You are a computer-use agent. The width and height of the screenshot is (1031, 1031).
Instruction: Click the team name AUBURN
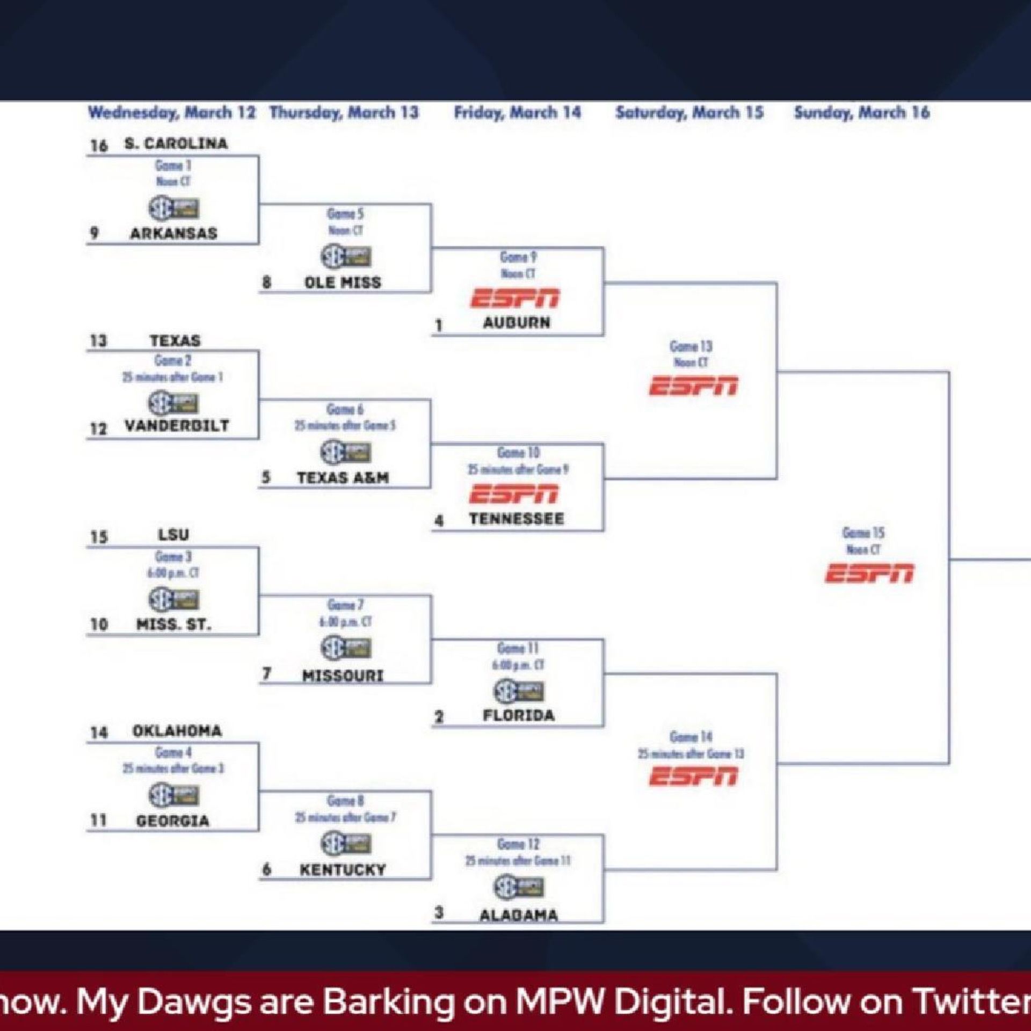516,323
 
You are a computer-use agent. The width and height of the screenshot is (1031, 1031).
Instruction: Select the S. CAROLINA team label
176,143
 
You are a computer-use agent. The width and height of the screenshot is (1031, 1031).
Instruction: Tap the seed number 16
99,146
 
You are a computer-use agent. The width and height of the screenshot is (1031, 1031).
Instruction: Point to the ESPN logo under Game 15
868,573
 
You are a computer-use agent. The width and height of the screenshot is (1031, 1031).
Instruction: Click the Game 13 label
691,346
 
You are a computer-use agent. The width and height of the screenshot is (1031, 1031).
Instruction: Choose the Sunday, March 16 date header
861,113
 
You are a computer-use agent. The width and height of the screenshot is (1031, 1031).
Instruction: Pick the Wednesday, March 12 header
172,113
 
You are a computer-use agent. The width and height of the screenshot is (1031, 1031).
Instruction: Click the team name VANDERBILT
177,426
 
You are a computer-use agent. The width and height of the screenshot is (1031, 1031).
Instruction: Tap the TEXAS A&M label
343,477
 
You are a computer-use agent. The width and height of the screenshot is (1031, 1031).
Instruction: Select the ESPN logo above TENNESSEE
514,494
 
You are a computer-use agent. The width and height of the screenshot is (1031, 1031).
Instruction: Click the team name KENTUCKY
343,870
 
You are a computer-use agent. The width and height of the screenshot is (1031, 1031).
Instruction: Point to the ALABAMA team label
518,915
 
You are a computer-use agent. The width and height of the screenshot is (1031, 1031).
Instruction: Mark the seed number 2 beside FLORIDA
439,717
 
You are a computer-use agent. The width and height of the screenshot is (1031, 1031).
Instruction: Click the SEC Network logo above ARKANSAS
173,208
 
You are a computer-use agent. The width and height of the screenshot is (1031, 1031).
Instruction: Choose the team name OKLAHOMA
177,731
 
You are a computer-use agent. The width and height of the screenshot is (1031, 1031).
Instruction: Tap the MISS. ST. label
173,625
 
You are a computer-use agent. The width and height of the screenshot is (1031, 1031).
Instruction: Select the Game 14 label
691,737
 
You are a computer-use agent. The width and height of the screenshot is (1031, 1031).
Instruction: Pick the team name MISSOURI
343,676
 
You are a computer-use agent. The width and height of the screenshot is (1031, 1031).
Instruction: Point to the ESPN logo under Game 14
693,776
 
